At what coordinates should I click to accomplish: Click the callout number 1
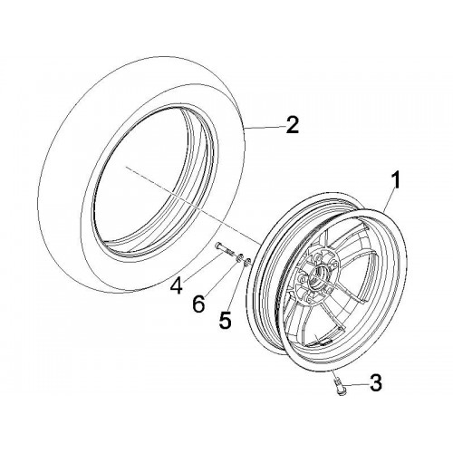395,179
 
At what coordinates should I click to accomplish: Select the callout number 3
376,383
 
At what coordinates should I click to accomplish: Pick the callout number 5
225,319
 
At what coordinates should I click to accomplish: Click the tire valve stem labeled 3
339,387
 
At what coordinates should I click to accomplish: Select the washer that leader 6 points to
239,257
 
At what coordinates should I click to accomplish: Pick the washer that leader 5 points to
247,262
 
